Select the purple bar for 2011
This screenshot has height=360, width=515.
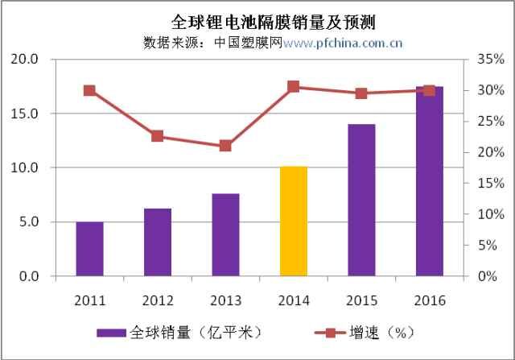tap(89, 249)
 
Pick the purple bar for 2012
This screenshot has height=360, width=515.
tap(157, 242)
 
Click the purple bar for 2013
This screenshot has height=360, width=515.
tap(225, 234)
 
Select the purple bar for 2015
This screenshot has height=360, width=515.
tap(361, 200)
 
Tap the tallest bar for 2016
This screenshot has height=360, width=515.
tap(429, 181)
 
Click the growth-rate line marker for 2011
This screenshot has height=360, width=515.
tap(89, 91)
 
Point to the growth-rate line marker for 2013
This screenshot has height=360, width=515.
tap(225, 146)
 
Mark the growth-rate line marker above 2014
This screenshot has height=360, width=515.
tap(293, 87)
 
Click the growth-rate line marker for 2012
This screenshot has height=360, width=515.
tap(157, 136)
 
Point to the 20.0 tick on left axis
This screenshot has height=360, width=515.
tap(28, 60)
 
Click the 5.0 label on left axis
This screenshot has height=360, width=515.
tap(31, 222)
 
